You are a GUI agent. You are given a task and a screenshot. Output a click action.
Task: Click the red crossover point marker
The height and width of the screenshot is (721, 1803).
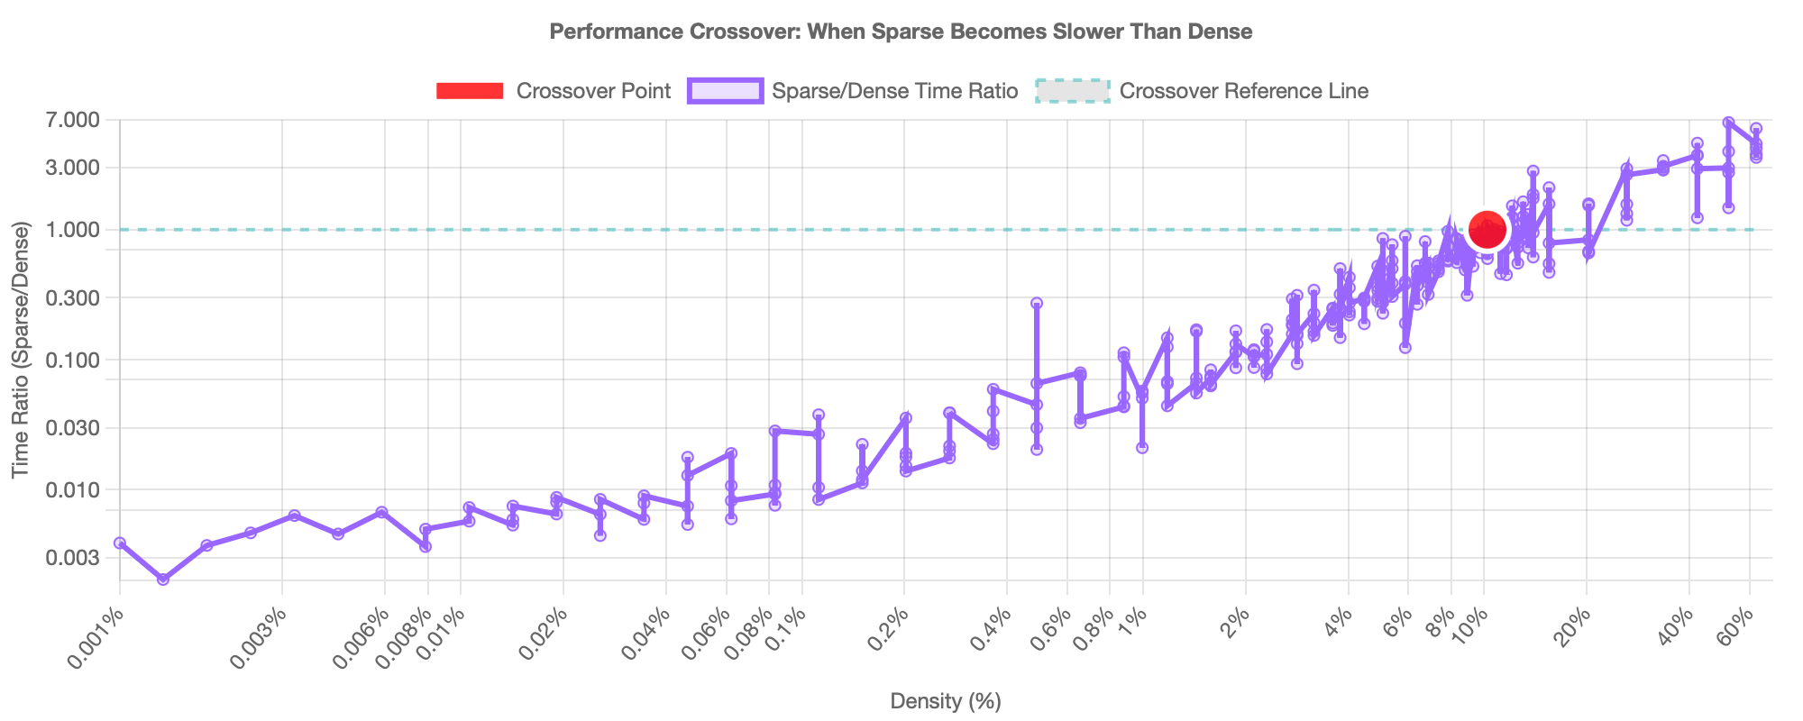1487,230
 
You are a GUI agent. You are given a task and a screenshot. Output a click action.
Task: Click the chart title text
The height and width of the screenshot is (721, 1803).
901,32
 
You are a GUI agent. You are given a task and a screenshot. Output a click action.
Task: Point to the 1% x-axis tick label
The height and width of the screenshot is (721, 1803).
1133,621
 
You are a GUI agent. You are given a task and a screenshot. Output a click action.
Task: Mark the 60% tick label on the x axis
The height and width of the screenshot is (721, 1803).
1736,625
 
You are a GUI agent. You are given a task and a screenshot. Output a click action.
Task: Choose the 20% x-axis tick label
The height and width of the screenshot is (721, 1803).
1572,625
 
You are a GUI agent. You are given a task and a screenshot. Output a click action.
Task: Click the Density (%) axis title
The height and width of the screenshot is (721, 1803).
946,701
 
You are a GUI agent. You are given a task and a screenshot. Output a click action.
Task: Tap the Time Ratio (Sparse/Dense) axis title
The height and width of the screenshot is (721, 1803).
21,350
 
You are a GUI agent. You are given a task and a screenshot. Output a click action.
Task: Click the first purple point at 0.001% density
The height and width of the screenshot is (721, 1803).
119,543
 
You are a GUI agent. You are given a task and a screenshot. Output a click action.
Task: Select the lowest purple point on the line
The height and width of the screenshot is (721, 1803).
163,580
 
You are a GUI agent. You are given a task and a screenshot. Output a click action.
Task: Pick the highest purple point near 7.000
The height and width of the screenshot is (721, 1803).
1728,122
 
